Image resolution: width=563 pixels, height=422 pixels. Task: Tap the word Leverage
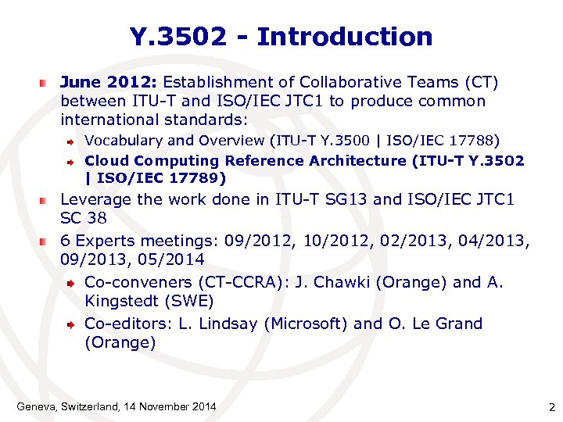[x=95, y=199]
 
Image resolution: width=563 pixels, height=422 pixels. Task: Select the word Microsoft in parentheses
[x=300, y=324]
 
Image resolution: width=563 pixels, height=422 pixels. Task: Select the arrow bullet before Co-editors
[x=71, y=324]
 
